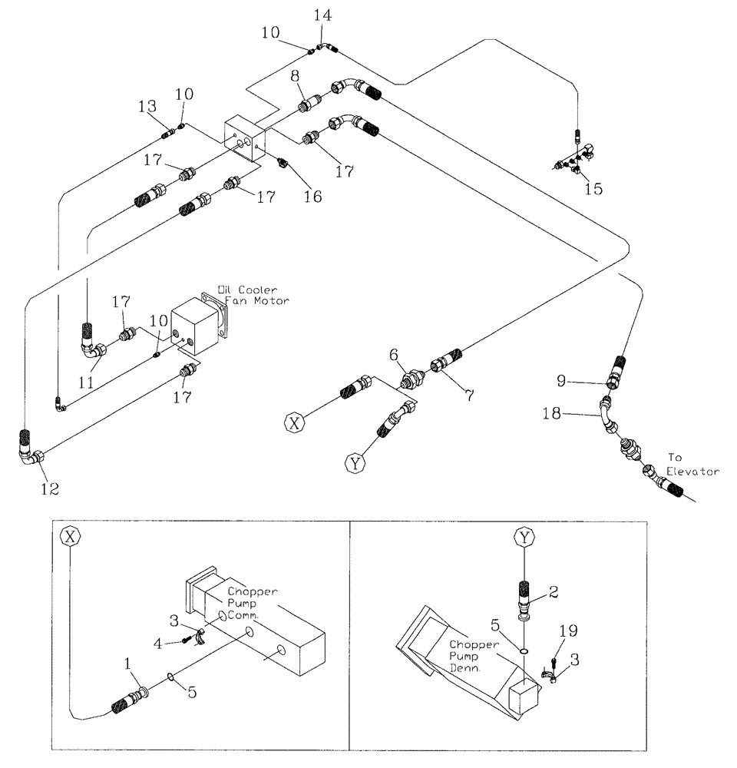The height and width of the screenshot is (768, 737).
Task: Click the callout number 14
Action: (323, 15)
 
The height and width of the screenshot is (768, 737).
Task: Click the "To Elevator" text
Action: (692, 464)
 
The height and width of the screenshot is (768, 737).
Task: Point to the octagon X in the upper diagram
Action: (295, 422)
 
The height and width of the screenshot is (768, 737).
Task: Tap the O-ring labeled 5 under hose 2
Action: (524, 650)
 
